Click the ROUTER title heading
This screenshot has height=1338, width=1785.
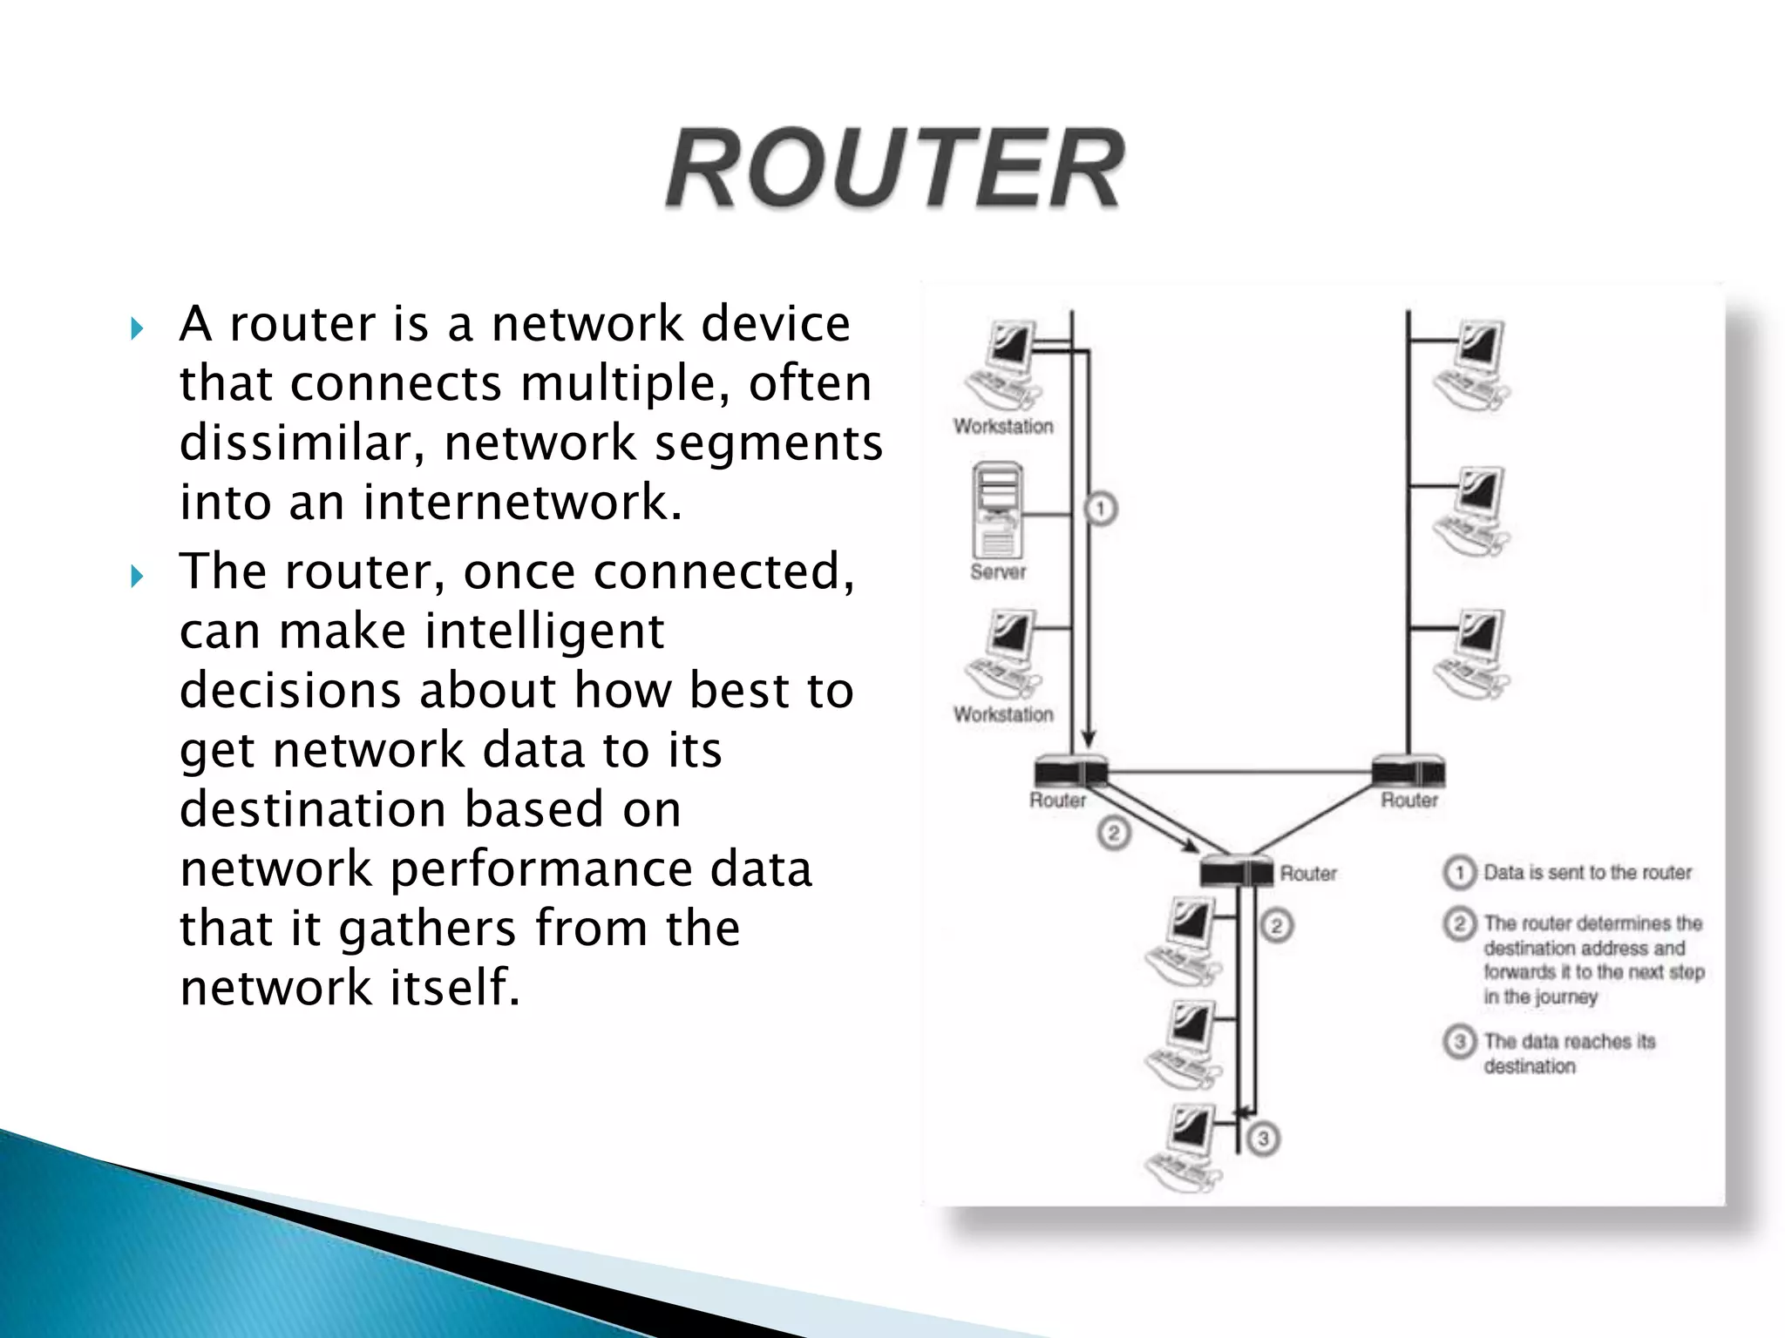894,169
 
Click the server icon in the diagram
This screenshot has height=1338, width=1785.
997,510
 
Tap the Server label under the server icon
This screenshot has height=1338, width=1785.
998,571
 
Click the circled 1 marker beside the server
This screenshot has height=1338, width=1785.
1101,509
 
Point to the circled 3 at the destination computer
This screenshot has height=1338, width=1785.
1263,1139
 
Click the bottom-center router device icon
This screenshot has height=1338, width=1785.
1236,871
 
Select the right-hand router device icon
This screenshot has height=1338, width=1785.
1408,772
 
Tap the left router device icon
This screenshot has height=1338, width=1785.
1071,772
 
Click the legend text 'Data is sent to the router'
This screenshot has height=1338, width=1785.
1587,872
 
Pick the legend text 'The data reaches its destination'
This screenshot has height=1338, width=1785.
1569,1053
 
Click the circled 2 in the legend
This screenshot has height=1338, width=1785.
1459,922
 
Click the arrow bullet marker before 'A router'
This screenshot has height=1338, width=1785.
136,329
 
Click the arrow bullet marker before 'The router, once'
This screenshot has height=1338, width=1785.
136,576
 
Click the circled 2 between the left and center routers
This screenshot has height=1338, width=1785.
1113,834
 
